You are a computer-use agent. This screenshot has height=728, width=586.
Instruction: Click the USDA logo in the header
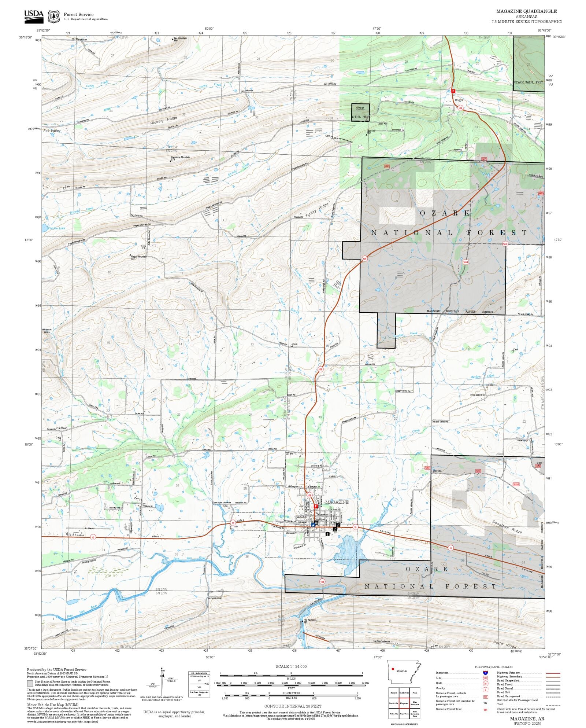click(x=34, y=16)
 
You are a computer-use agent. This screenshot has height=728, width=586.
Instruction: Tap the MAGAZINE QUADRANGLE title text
click(x=526, y=11)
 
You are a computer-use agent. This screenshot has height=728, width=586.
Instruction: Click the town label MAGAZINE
click(x=337, y=502)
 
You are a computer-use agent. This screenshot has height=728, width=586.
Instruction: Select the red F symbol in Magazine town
click(x=316, y=506)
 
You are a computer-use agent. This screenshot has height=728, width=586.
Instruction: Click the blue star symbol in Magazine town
click(x=313, y=525)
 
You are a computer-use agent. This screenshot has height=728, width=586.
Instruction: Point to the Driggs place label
click(x=459, y=100)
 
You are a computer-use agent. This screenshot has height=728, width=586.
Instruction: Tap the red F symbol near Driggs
click(x=453, y=91)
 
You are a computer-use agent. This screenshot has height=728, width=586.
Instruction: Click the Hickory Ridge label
click(x=163, y=120)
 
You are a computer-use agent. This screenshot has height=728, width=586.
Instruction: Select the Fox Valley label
click(x=52, y=130)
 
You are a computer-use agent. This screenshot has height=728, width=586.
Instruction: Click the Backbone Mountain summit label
click(x=180, y=157)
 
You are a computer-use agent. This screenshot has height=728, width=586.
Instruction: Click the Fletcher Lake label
click(x=56, y=228)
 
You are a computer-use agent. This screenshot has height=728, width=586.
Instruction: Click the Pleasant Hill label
click(x=478, y=395)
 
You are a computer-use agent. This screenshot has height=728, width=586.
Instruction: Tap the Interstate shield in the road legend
click(x=485, y=673)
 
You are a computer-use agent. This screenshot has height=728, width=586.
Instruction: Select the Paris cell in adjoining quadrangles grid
click(x=415, y=693)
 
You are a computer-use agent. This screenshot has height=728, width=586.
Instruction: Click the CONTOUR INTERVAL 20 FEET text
click(x=293, y=706)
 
